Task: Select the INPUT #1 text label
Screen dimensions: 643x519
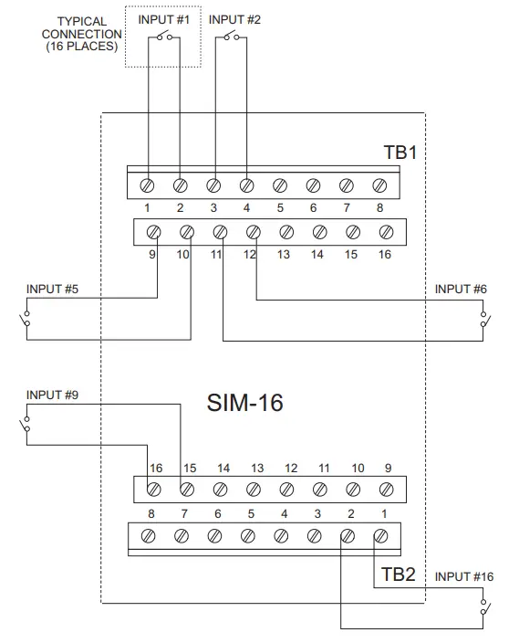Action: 164,19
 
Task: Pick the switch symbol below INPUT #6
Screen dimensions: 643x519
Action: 484,319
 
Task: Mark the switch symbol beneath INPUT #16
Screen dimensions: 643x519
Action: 484,606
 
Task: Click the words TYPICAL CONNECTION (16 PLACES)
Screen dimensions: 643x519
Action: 82,33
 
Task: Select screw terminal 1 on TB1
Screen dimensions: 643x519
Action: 147,185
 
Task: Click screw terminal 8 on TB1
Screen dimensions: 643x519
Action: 379,185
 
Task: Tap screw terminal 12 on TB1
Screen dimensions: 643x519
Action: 253,232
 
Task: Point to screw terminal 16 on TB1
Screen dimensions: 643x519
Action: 385,232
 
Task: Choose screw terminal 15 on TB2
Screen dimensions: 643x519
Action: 187,490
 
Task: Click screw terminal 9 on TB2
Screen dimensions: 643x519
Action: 385,490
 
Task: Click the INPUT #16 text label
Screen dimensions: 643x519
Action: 464,576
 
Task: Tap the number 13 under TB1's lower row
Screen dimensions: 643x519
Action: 284,255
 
